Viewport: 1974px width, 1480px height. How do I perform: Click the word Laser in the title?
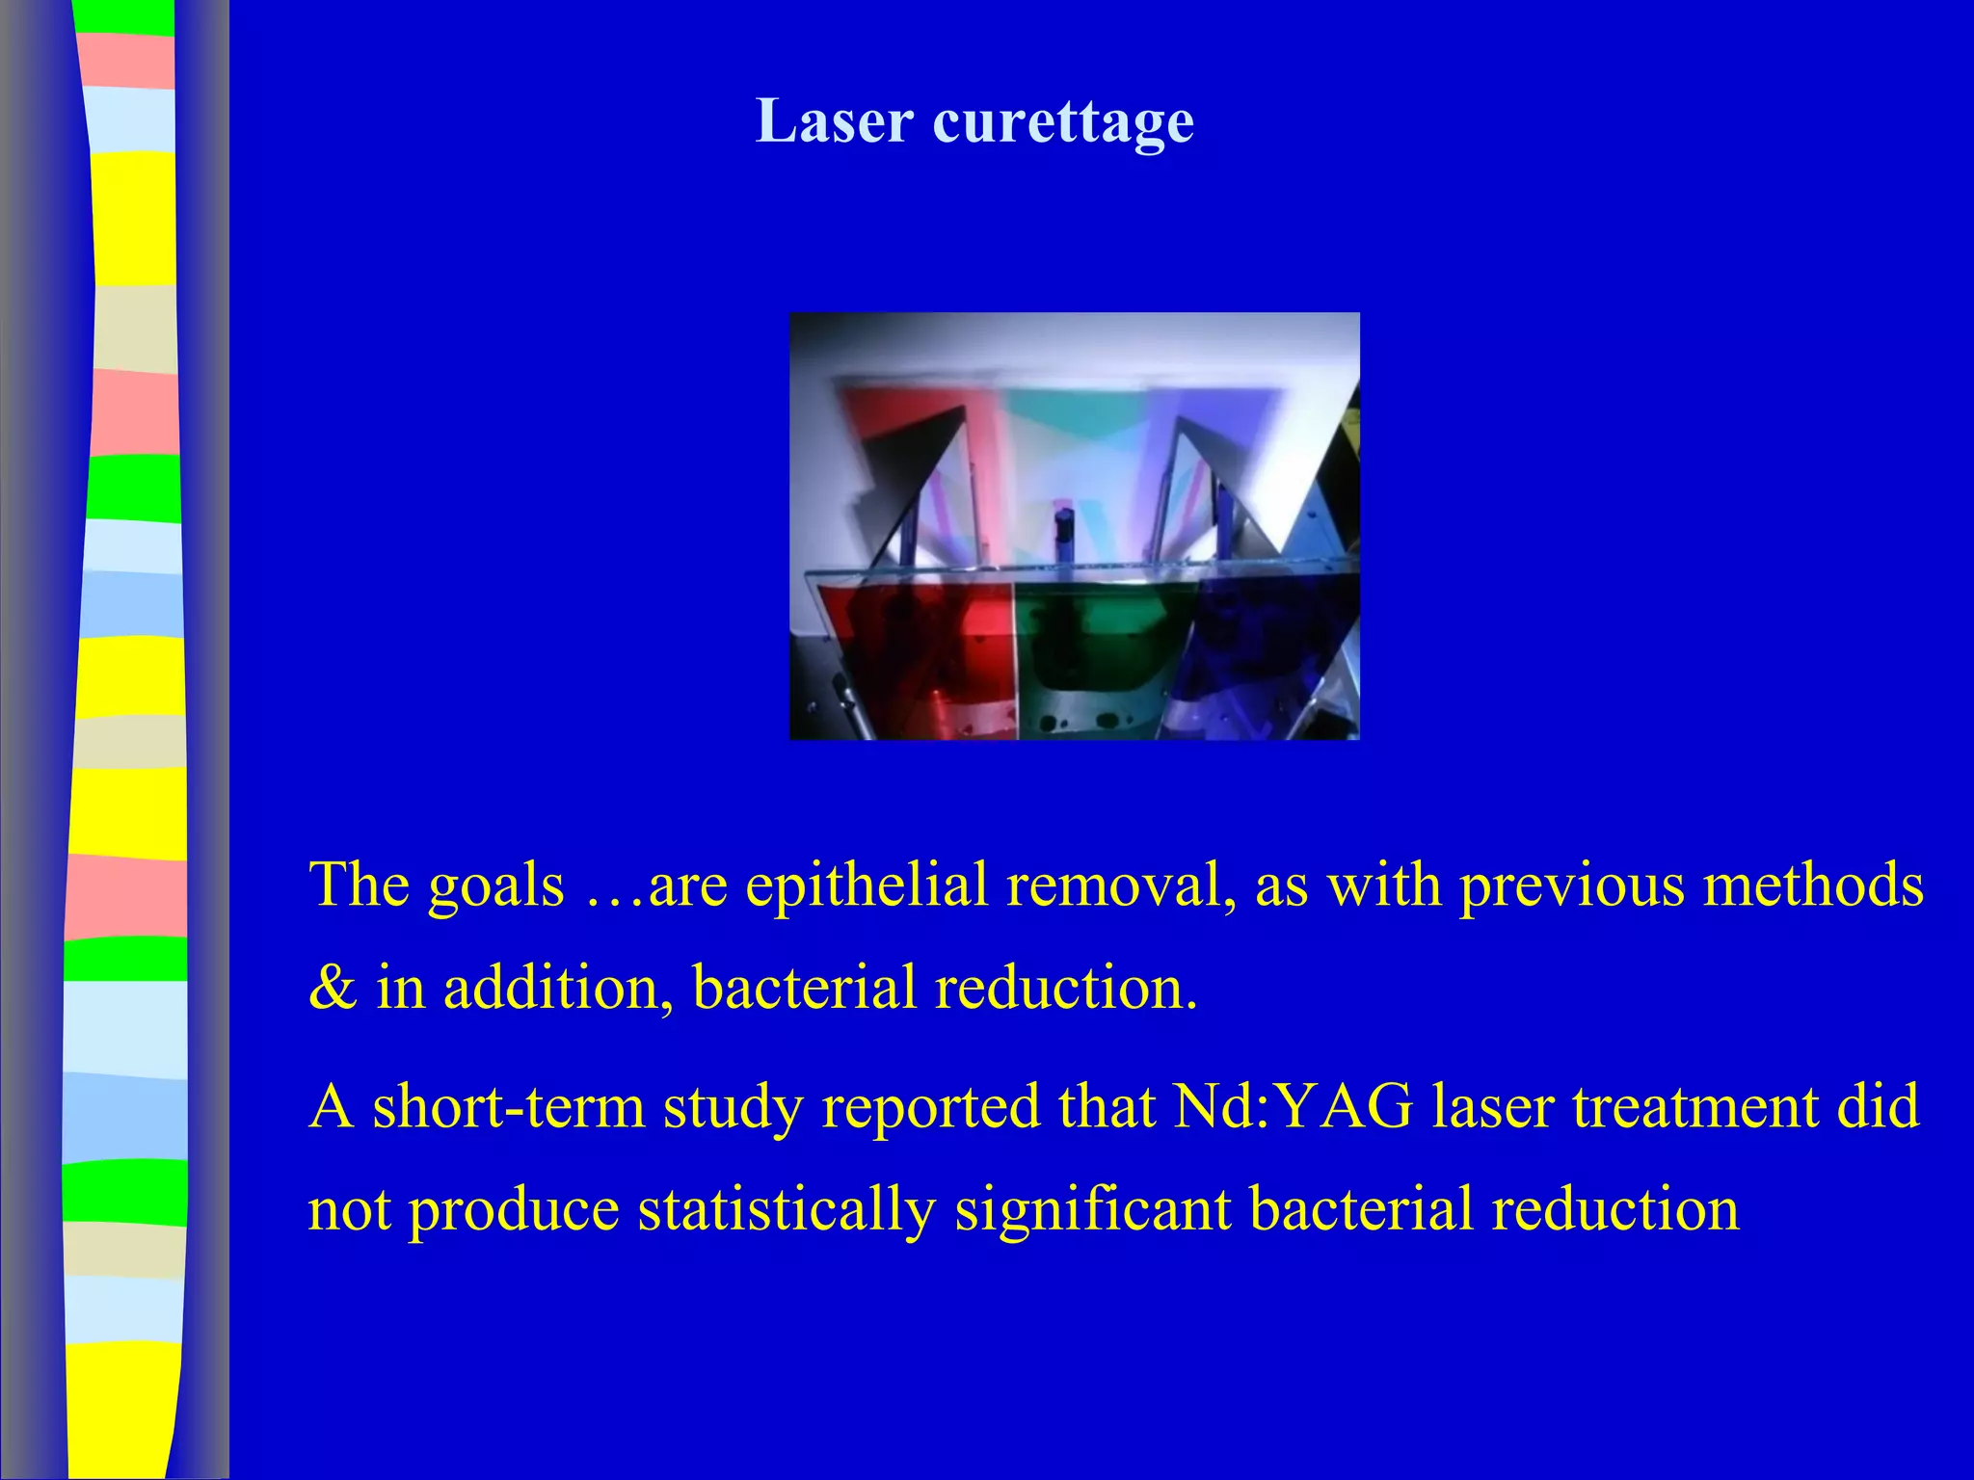tap(835, 121)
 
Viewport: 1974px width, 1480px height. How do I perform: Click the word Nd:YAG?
tap(1293, 1106)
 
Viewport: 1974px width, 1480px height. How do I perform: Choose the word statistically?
tap(787, 1210)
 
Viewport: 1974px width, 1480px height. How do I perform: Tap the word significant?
tap(1093, 1210)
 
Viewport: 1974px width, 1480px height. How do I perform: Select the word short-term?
tap(508, 1106)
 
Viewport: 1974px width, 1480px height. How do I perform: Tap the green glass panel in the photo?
tap(1099, 646)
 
